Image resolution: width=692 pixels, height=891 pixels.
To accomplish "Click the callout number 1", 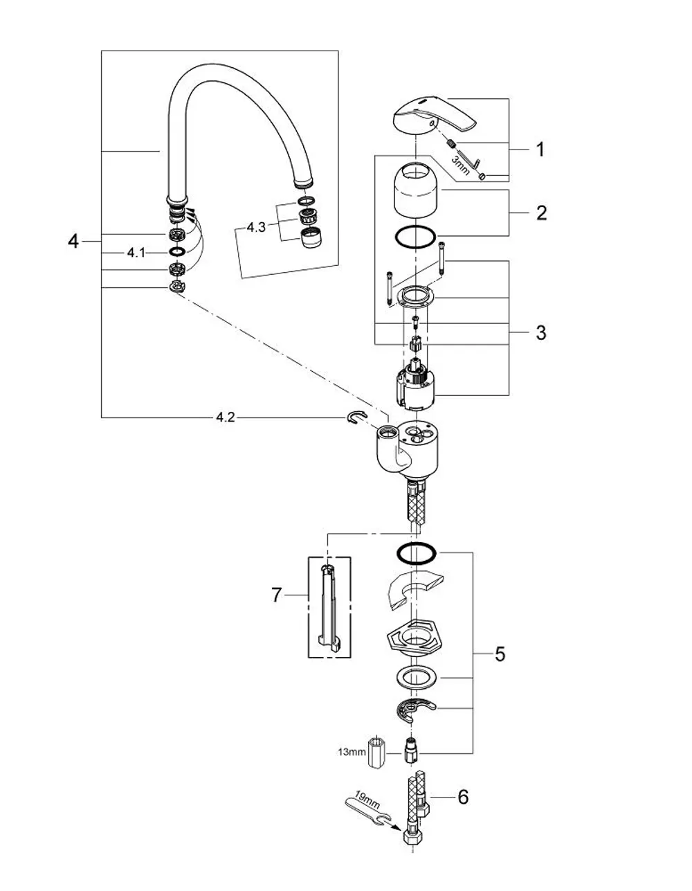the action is click(x=540, y=150).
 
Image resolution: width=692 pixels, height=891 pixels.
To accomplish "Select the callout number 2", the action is click(x=541, y=213).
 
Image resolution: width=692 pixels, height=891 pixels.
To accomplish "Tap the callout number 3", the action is click(x=541, y=332).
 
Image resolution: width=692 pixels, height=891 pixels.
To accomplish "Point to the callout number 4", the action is click(x=73, y=241).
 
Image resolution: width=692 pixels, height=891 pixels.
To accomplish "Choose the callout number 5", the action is click(x=500, y=654).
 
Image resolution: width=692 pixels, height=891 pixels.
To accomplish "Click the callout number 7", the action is click(x=277, y=595).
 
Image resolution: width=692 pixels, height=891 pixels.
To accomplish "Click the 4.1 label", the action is click(x=136, y=253).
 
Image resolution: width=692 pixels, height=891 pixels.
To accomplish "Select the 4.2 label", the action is click(x=226, y=417).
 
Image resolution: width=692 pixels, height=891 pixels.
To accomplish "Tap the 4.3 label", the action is click(x=256, y=227).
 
